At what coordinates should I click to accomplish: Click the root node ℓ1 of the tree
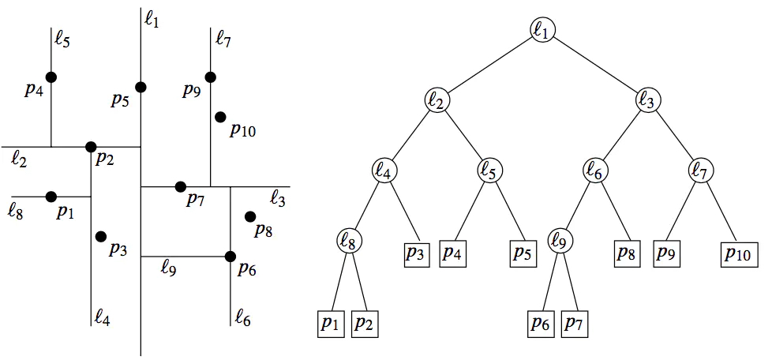(543, 30)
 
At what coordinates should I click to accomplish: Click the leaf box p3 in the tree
(415, 253)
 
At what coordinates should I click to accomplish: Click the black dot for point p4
(51, 77)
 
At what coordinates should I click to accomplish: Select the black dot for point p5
(141, 87)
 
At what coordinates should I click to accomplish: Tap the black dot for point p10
(220, 117)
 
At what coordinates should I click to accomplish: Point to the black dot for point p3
(101, 236)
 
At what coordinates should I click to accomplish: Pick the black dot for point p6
(230, 257)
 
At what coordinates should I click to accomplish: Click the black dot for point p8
(250, 216)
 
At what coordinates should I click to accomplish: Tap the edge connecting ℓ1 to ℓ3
(597, 66)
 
